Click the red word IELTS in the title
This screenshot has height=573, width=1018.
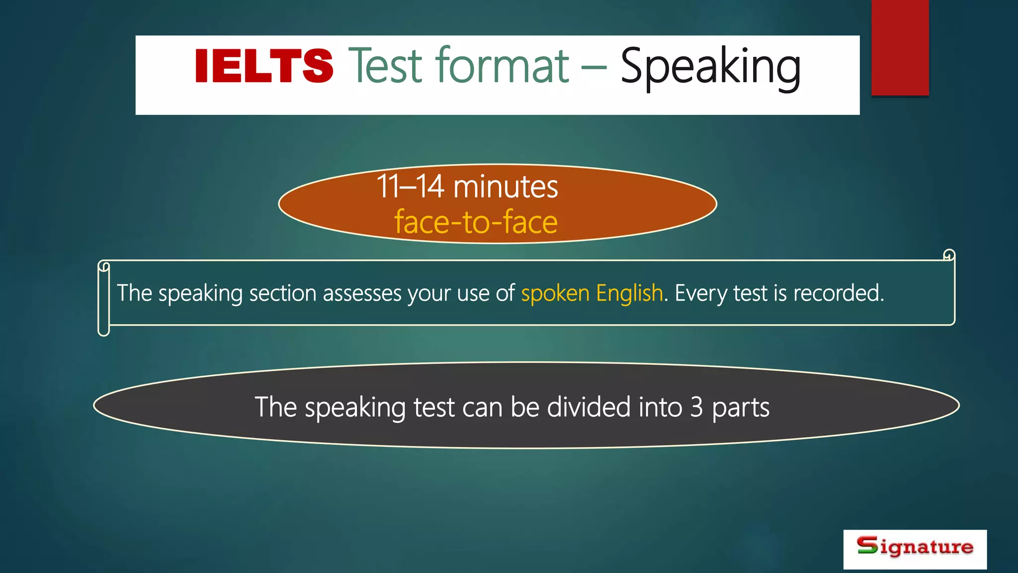pyautogui.click(x=263, y=66)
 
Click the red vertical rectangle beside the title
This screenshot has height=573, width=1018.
pyautogui.click(x=900, y=47)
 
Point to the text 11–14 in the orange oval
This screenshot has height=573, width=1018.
pyautogui.click(x=410, y=187)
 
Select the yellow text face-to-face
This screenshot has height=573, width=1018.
pyautogui.click(x=476, y=222)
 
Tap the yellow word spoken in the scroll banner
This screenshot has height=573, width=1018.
pyautogui.click(x=555, y=293)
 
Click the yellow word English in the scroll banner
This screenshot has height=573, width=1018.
pyautogui.click(x=629, y=293)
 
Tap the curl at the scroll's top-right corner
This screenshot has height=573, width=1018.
pyautogui.click(x=949, y=255)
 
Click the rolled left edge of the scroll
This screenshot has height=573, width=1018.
pyautogui.click(x=103, y=298)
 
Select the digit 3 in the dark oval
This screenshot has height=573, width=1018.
pyautogui.click(x=696, y=407)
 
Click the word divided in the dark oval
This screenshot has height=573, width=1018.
pyautogui.click(x=589, y=407)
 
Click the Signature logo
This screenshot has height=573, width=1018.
pyautogui.click(x=915, y=549)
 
